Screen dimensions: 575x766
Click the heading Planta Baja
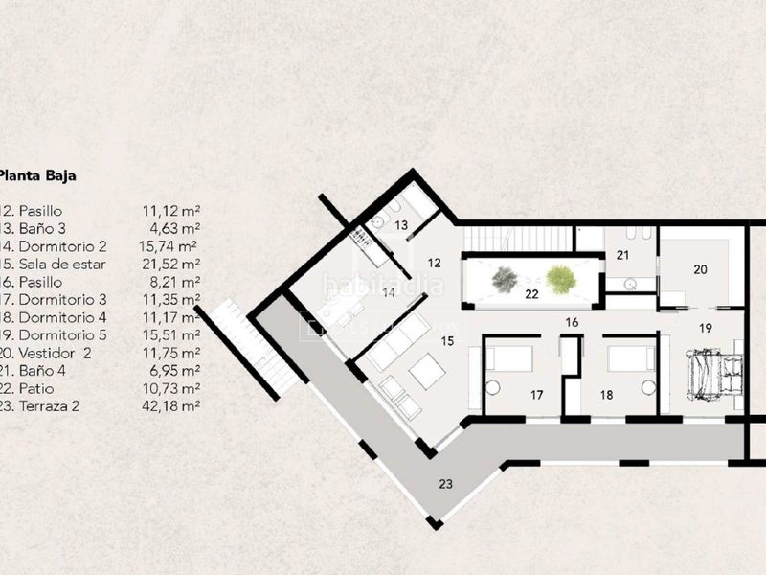[x=37, y=175]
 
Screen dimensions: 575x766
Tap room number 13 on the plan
[x=402, y=224]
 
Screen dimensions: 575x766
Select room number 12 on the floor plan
[x=433, y=263]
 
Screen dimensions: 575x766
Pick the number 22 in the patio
[x=532, y=295]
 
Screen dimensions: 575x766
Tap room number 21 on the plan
[x=622, y=255]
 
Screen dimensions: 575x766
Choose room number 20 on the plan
[x=700, y=270]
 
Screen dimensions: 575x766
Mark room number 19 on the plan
[x=706, y=328]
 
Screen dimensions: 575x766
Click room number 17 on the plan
[x=537, y=394]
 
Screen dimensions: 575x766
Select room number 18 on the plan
[x=605, y=394]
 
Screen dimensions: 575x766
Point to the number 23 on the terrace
[x=445, y=483]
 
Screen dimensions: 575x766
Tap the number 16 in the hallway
[x=572, y=323]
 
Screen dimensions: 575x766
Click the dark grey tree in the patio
[x=505, y=279]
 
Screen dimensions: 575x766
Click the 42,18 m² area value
[x=169, y=406]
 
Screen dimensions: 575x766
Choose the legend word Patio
[x=35, y=388]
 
